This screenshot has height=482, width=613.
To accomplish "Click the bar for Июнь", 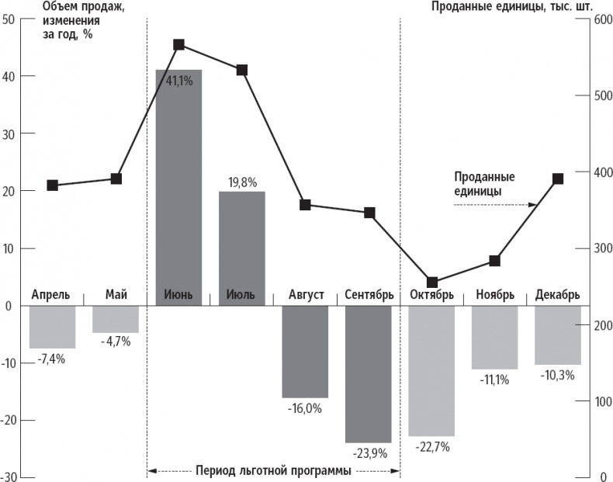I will (x=178, y=186).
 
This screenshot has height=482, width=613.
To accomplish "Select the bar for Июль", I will (x=242, y=248).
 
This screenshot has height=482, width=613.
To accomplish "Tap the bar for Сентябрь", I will (x=369, y=373).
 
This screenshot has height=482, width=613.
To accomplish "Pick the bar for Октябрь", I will (x=431, y=370).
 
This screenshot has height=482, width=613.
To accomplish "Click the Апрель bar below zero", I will (x=52, y=327).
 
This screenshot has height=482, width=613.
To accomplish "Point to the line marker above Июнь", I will (x=178, y=45).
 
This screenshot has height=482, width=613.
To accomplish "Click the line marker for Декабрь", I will (x=558, y=179).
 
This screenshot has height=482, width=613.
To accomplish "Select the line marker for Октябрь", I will (x=432, y=283).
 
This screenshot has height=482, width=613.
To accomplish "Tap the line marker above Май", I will (x=116, y=179).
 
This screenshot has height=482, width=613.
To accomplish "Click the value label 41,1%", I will (x=179, y=80).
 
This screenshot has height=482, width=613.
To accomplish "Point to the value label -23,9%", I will (x=369, y=453).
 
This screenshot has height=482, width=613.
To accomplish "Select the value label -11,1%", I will (x=495, y=380).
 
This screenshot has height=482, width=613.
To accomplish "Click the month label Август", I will (x=306, y=296).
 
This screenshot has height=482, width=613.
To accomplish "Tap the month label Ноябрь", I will (x=495, y=296).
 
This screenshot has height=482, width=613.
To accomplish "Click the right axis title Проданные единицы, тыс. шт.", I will (x=511, y=7).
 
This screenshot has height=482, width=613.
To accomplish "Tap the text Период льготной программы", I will (x=273, y=470).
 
